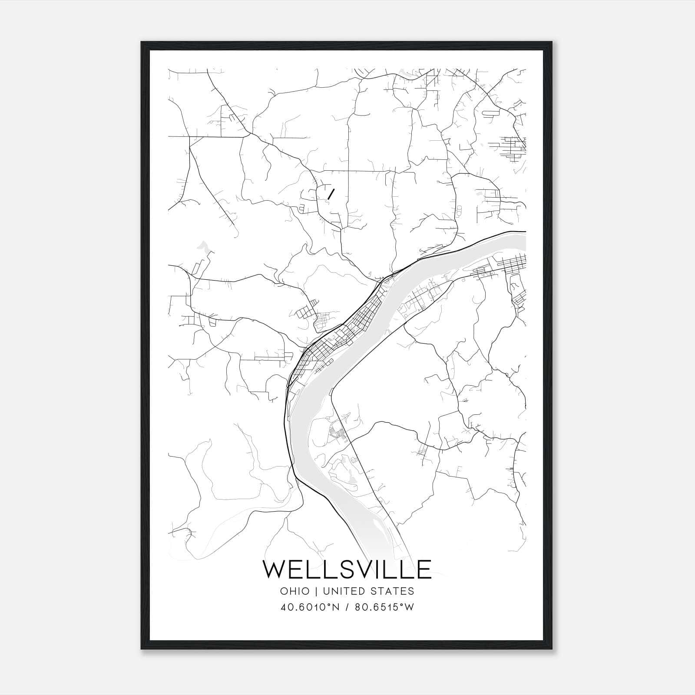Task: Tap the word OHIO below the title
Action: (x=295, y=591)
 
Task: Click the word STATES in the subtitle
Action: (x=393, y=591)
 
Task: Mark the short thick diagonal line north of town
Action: (x=331, y=194)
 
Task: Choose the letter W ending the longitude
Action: (x=409, y=607)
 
